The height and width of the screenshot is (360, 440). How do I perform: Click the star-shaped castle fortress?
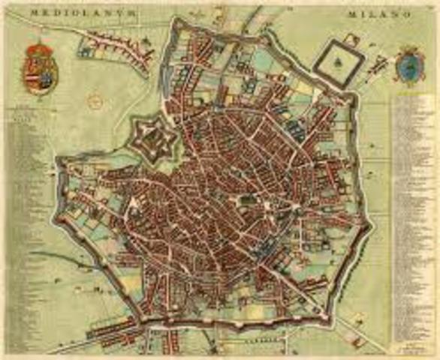(155, 136)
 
